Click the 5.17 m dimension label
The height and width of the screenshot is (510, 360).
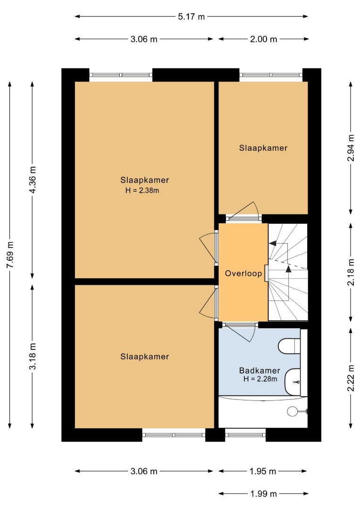point(192,16)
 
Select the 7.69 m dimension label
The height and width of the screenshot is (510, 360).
point(10,255)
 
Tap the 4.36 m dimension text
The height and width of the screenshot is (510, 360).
point(33,180)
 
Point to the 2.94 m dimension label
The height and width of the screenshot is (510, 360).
point(351,148)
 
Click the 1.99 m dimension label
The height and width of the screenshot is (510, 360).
point(263,494)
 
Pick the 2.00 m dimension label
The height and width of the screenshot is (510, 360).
point(263,39)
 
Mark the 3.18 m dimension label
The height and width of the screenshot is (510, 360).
point(33,357)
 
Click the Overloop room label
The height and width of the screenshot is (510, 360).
point(243,273)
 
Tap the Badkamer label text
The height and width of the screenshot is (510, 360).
point(260,371)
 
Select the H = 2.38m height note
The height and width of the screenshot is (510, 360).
point(142,191)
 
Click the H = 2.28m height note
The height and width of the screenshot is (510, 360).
point(260,379)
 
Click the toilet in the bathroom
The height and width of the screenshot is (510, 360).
point(290,345)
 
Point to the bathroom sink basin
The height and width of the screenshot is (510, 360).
point(293,382)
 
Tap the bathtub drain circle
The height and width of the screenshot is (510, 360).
point(292,411)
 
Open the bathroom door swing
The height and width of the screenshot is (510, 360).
point(241,332)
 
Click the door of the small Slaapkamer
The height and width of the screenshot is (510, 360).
point(243,212)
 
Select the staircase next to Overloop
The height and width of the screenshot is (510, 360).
point(287,272)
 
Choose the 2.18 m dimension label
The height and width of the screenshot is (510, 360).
point(351,272)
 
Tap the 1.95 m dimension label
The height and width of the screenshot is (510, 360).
point(263,471)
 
